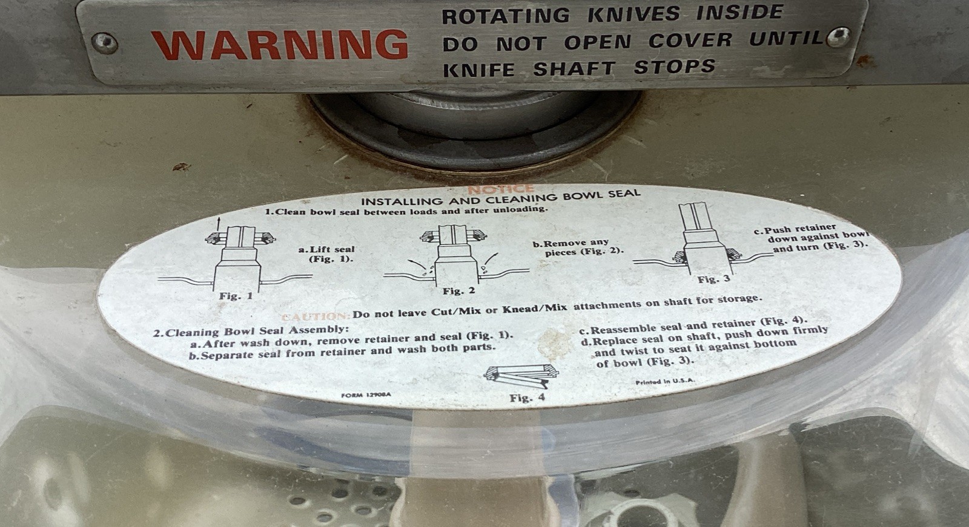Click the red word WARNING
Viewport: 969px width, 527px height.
(x=279, y=44)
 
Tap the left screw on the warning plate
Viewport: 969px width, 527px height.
(x=104, y=43)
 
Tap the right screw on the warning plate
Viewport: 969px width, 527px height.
(x=838, y=37)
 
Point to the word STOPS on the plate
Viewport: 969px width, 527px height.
(x=675, y=67)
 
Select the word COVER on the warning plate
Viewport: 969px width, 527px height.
(x=690, y=41)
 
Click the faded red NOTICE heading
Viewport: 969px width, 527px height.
(x=500, y=190)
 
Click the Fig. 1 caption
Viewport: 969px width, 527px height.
(x=236, y=296)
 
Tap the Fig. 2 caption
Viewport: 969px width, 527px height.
(x=458, y=291)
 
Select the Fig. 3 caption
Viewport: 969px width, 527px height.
(x=713, y=279)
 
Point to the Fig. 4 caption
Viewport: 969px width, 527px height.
(x=527, y=398)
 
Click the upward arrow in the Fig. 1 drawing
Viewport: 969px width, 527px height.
(x=218, y=222)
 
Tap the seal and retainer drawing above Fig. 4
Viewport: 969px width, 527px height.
(x=521, y=375)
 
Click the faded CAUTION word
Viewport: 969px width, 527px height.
(x=315, y=316)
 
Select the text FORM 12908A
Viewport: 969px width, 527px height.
(x=366, y=395)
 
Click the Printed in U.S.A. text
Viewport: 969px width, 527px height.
(x=665, y=382)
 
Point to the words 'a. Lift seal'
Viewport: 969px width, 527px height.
(x=326, y=249)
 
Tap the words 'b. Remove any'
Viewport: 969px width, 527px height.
(x=570, y=243)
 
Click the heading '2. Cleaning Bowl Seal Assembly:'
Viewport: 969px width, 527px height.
(x=251, y=331)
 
